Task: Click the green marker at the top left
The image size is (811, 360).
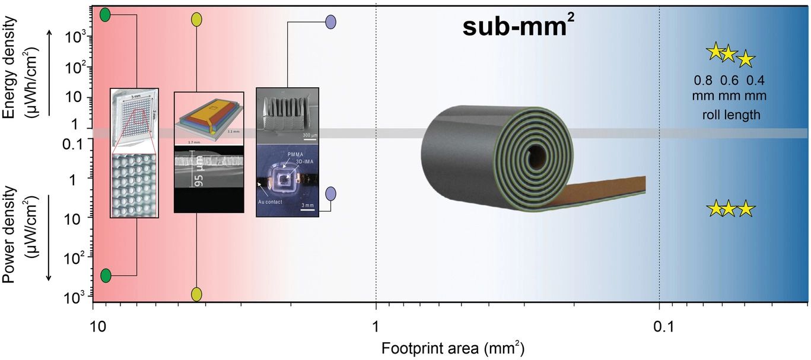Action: pos(105,15)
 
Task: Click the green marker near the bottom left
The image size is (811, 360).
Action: pos(106,275)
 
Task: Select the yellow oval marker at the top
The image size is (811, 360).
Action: pos(197,19)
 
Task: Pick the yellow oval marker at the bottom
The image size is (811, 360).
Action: pos(197,294)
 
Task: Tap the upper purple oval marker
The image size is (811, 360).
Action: pos(331,23)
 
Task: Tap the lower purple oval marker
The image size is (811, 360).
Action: pos(331,194)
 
